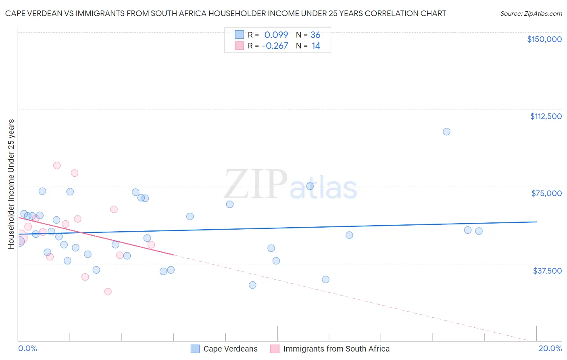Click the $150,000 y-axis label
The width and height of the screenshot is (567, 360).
pos(544,39)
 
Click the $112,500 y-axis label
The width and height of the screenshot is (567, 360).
pos(546,116)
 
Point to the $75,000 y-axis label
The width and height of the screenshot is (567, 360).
pos(546,193)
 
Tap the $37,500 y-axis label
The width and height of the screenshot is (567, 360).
pos(547,271)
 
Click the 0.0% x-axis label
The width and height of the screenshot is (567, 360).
pos(27,348)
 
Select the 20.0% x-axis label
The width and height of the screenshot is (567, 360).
pos(550,348)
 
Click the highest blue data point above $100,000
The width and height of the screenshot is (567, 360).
pos(446,132)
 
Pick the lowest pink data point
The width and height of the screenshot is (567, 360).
pos(108,291)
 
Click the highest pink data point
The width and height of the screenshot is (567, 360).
pos(57,165)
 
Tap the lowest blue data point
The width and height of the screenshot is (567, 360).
pos(252,285)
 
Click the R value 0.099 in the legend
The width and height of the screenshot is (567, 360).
pos(276,35)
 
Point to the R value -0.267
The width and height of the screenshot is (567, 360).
pos(275,46)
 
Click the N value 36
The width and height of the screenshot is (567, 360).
pos(315,35)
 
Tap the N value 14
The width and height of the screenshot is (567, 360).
pos(316,46)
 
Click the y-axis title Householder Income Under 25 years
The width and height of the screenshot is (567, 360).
pos(11,184)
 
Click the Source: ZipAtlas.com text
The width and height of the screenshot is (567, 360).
pos(531,14)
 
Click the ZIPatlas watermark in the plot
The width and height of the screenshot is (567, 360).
pos(290,185)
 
